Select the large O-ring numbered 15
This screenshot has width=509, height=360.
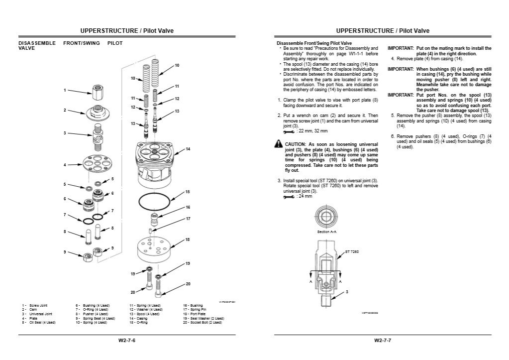pos(153,201)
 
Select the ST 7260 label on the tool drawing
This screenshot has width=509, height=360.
pos(352,252)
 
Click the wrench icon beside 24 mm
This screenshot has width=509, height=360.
pos(288,196)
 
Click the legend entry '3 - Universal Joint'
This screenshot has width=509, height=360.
pos(37,314)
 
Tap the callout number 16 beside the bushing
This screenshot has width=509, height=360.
pos(188,207)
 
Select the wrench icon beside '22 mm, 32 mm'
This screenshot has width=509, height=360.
pos(288,131)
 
